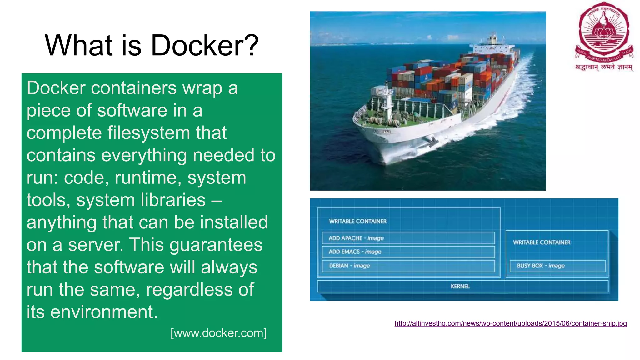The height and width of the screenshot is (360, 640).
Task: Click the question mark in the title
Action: point(250,46)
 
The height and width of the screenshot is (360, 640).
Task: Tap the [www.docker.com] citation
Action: point(218,333)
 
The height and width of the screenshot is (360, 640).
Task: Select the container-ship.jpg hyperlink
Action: point(510,323)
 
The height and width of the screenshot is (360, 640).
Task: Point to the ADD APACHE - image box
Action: point(408,238)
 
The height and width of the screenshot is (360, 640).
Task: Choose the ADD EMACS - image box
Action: point(408,252)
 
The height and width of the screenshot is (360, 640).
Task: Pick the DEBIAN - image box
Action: point(408,266)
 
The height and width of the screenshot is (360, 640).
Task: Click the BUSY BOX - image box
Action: point(557,266)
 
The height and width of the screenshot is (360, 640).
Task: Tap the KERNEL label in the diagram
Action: point(460,286)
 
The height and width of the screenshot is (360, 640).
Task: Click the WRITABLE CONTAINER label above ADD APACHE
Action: point(357,221)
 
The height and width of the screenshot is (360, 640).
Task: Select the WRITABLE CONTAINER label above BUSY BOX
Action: point(542,242)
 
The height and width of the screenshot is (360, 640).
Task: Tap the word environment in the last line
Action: point(104,312)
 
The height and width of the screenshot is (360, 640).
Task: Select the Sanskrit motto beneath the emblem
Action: point(604,67)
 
